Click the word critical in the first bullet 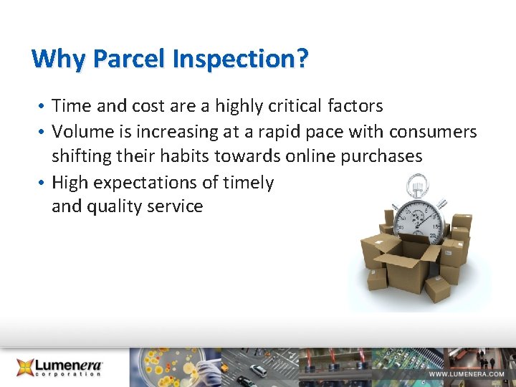point(295,106)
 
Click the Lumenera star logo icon point(27,367)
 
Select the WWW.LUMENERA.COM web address point(467,375)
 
